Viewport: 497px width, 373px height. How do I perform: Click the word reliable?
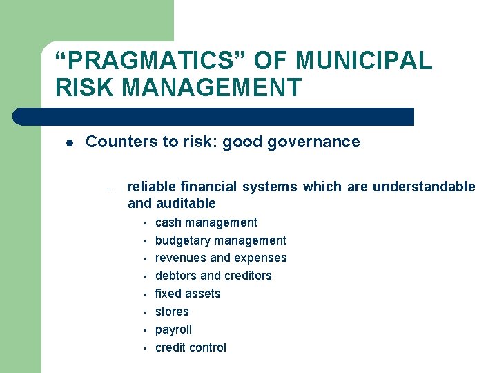[x=151, y=186]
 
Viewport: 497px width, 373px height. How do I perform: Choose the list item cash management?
[x=206, y=222]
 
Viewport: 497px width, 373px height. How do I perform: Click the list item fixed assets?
[x=188, y=294]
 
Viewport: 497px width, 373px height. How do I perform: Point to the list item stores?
[x=172, y=312]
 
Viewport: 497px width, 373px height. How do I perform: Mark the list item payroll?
[x=173, y=329]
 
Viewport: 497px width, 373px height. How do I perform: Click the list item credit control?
[x=191, y=347]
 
